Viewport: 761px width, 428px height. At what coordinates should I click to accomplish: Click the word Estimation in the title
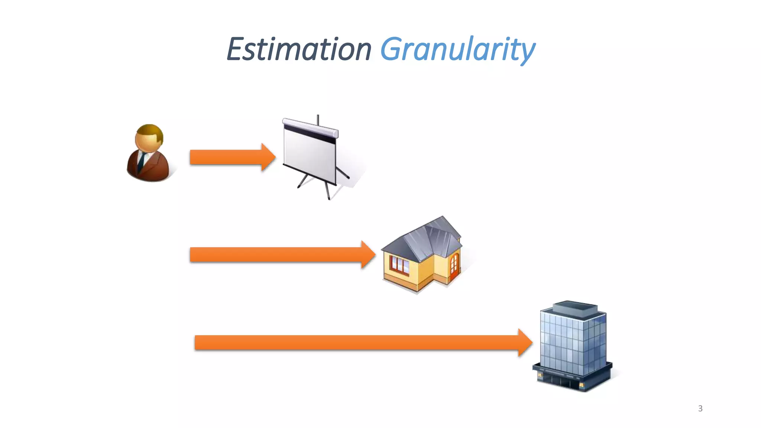[x=299, y=49]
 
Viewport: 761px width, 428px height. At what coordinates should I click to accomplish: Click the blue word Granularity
[x=457, y=50]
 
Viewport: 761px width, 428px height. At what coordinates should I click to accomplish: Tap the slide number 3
[x=700, y=408]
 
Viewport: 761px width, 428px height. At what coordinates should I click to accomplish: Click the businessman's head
[x=149, y=137]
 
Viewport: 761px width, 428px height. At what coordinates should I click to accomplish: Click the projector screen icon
[x=312, y=156]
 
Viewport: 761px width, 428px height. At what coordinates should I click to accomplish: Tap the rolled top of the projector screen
[x=310, y=126]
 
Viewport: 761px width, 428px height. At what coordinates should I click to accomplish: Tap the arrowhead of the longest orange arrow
[x=525, y=343]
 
